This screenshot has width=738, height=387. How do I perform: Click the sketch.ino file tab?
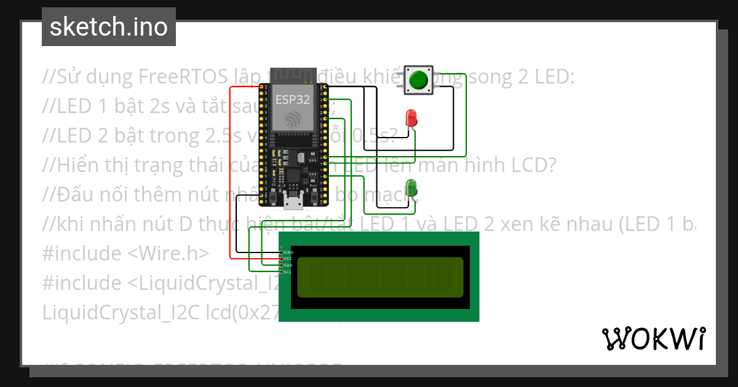point(109,27)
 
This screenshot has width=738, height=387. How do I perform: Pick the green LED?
point(410,188)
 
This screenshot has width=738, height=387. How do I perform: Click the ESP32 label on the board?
point(293,98)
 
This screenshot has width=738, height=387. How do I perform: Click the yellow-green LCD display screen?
point(380,277)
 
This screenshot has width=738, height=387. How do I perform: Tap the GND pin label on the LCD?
point(287,252)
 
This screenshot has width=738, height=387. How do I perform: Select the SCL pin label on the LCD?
point(287,272)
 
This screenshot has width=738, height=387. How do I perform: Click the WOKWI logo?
point(654,338)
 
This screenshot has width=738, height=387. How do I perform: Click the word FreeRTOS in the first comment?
point(184,77)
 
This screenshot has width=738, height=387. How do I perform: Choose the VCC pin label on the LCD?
point(287,259)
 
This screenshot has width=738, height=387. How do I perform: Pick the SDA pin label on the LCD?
point(287,265)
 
